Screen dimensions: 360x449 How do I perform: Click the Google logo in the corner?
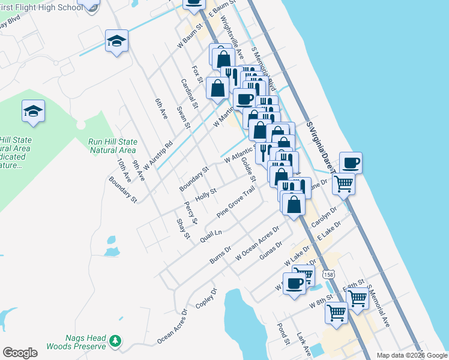(x=20, y=353)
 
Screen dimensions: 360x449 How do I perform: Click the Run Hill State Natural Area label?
(x=113, y=146)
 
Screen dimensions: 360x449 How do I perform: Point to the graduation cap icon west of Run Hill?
(x=34, y=110)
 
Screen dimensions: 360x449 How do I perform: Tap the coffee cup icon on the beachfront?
(x=351, y=162)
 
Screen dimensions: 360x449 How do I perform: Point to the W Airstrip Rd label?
(x=158, y=155)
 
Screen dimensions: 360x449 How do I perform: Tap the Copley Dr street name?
(x=205, y=298)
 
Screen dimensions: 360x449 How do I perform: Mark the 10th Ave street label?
(x=124, y=170)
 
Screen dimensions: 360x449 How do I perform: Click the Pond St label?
(x=283, y=334)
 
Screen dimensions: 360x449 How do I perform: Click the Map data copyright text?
(x=411, y=355)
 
